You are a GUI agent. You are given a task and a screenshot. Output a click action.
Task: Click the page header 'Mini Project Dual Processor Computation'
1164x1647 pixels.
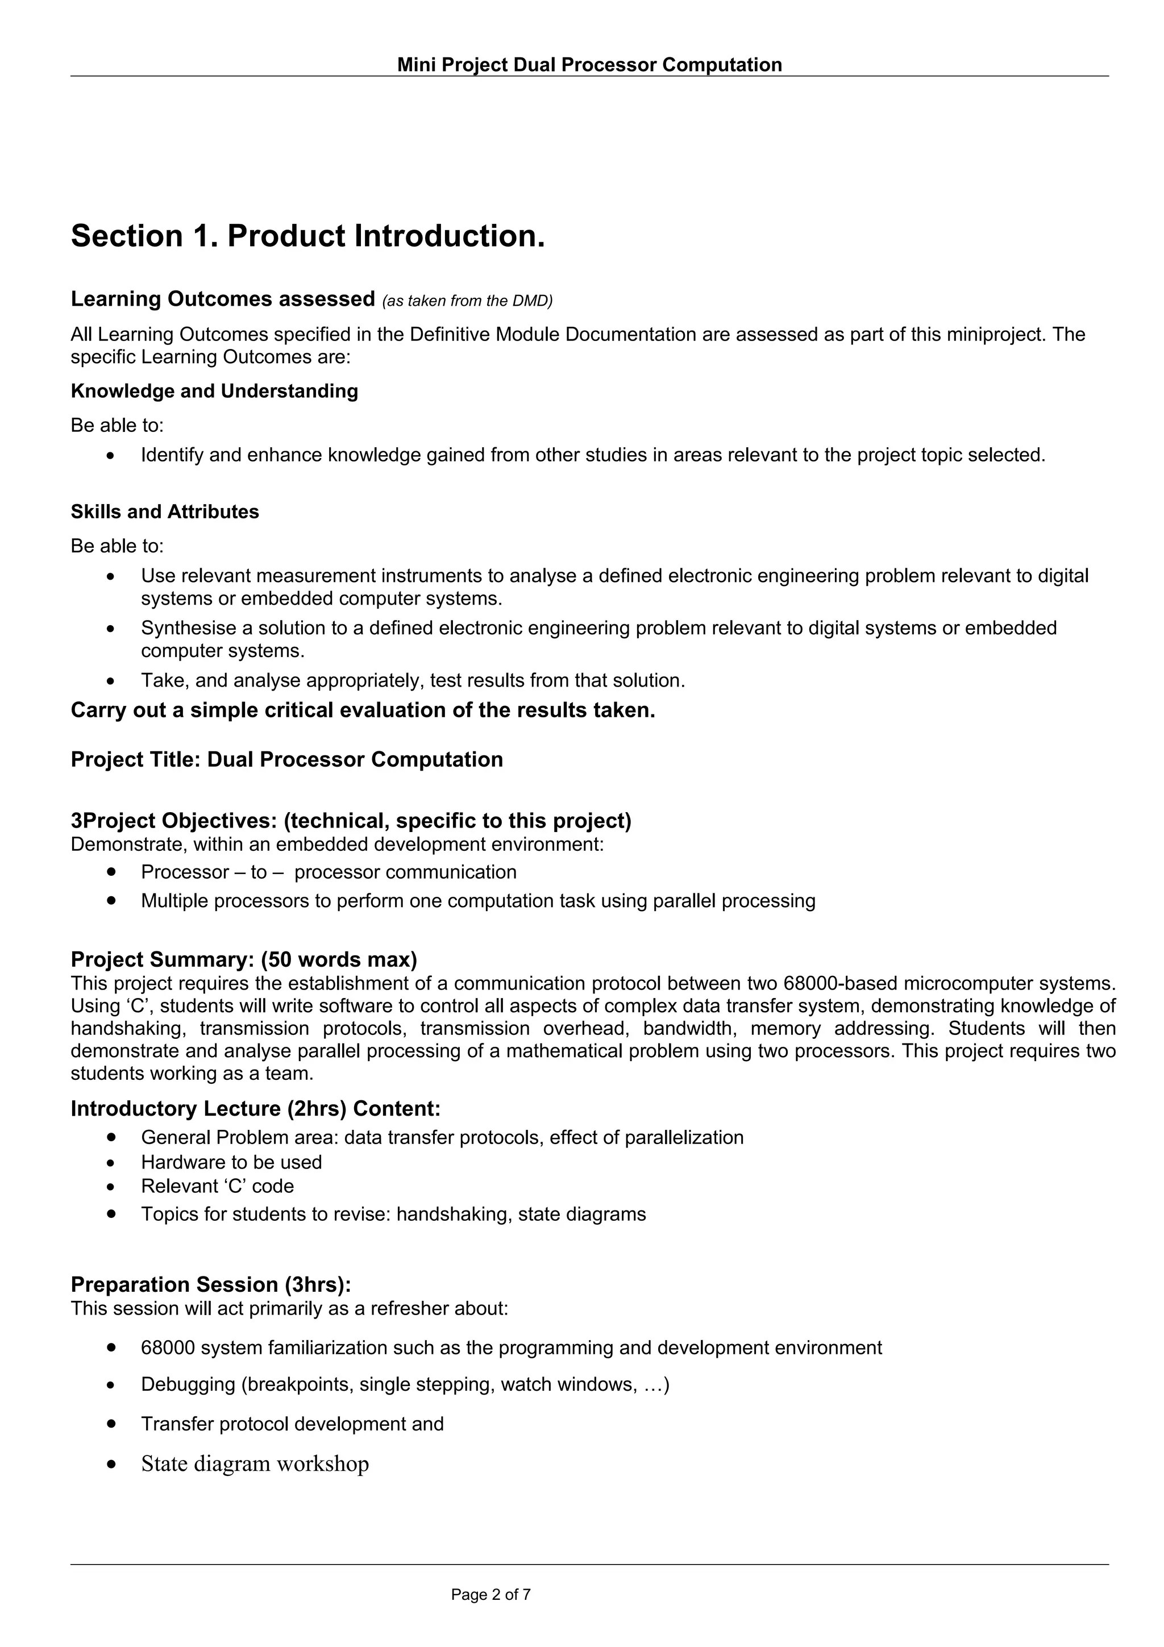[x=589, y=65]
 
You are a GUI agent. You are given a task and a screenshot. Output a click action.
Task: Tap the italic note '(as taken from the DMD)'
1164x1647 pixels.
[x=468, y=301]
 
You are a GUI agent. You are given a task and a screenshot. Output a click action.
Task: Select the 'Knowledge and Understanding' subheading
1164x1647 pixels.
[x=214, y=391]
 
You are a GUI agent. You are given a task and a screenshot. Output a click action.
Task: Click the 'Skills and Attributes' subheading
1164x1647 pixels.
[x=165, y=511]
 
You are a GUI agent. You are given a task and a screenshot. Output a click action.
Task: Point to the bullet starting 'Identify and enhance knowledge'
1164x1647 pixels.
[x=592, y=455]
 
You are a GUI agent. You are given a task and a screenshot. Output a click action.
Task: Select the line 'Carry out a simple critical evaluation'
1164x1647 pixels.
[x=363, y=710]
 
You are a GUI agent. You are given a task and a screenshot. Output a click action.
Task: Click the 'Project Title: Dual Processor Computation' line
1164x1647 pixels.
[x=287, y=760]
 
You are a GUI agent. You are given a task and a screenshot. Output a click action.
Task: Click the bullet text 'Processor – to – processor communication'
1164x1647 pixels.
[x=329, y=872]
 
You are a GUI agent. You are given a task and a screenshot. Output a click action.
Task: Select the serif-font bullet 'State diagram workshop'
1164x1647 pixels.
[x=255, y=1463]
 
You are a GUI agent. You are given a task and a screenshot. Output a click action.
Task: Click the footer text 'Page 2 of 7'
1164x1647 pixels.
[x=490, y=1595]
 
